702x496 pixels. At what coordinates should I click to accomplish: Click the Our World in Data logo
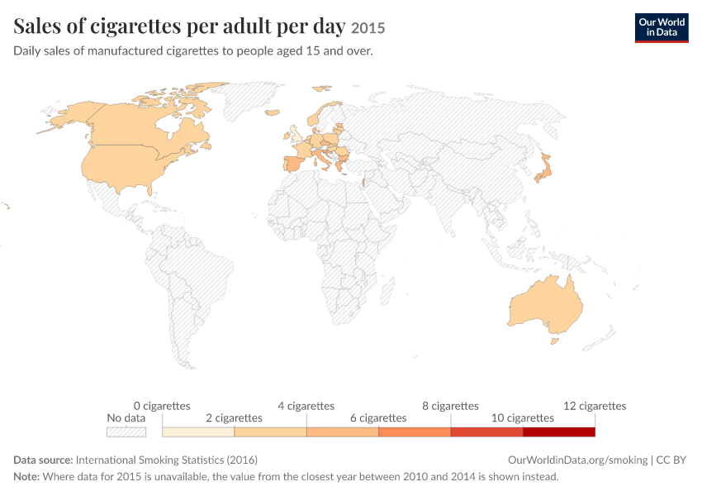tap(662, 28)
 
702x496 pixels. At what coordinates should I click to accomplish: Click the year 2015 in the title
tap(368, 28)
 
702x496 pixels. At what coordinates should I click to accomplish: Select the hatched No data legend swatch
tap(126, 432)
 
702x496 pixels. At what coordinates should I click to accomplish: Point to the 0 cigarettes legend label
tap(162, 406)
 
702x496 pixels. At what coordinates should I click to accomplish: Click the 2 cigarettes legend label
tap(234, 418)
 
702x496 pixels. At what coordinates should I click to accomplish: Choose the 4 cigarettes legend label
tap(306, 406)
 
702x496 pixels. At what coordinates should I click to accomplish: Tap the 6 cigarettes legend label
tap(378, 418)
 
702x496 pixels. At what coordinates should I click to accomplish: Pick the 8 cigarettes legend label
tap(450, 406)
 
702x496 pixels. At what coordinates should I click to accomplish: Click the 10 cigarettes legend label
tap(523, 418)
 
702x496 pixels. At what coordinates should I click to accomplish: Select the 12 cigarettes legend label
tap(595, 406)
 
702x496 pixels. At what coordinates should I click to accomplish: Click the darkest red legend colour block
tap(559, 432)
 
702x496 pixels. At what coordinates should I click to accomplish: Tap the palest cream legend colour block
tap(198, 432)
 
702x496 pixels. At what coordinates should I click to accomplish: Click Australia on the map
tap(546, 307)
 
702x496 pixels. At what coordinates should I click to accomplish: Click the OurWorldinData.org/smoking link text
tap(577, 460)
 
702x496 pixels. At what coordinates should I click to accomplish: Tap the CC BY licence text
tap(671, 460)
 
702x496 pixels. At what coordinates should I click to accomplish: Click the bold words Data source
tap(43, 460)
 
